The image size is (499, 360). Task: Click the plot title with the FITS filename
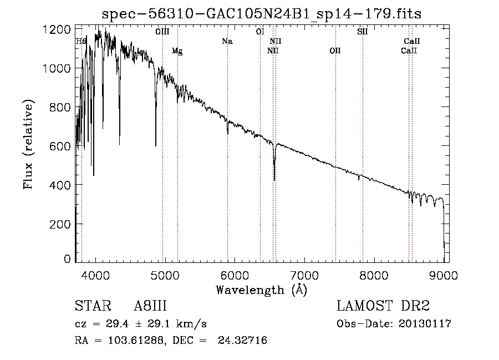pyautogui.click(x=262, y=13)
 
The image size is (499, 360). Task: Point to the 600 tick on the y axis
pyautogui.click(x=60, y=146)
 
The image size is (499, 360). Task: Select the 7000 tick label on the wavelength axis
pyautogui.click(x=304, y=275)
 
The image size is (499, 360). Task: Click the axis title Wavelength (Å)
pyautogui.click(x=261, y=289)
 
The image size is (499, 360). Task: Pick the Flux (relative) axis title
pyautogui.click(x=28, y=144)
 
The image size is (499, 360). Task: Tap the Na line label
pyautogui.click(x=227, y=42)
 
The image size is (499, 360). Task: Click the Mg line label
pyautogui.click(x=177, y=51)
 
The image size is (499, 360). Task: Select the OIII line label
pyautogui.click(x=162, y=32)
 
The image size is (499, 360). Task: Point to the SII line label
pyautogui.click(x=363, y=32)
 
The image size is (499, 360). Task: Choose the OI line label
pyautogui.click(x=259, y=32)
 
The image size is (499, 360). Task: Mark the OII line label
pyautogui.click(x=335, y=51)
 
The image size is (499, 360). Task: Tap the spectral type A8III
pyautogui.click(x=150, y=306)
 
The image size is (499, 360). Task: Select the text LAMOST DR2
pyautogui.click(x=383, y=306)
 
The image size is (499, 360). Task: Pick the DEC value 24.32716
pyautogui.click(x=243, y=341)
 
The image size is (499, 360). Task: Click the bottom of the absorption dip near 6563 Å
pyautogui.click(x=274, y=179)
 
